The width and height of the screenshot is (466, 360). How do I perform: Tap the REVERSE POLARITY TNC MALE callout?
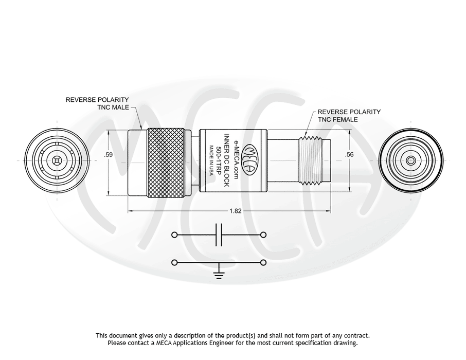[x=97, y=103]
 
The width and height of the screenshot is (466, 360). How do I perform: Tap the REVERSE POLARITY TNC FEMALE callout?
[x=349, y=115]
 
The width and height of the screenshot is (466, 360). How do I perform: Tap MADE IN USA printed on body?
[x=211, y=161]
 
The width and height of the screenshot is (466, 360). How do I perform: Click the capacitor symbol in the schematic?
[x=220, y=235]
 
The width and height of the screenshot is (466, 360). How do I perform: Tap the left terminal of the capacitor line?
[x=175, y=235]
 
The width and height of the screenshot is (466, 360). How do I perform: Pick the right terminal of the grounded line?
[x=264, y=263]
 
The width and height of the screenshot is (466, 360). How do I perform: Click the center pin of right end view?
[x=410, y=161]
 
